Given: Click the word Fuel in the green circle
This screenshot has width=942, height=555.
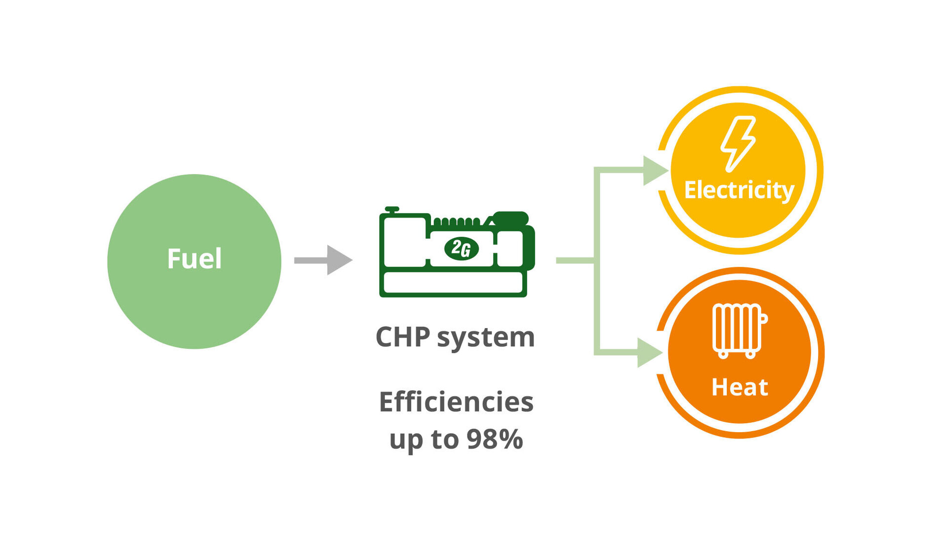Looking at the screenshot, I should pyautogui.click(x=194, y=259).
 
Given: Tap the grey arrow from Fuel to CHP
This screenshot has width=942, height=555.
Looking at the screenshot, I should pyautogui.click(x=323, y=260).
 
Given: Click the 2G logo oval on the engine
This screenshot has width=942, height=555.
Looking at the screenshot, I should pyautogui.click(x=461, y=249).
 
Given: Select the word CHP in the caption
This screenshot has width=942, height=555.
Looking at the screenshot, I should pyautogui.click(x=402, y=337).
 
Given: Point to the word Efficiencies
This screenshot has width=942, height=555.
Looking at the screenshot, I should pyautogui.click(x=456, y=402).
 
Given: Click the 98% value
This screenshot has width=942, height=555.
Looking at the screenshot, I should pyautogui.click(x=495, y=439).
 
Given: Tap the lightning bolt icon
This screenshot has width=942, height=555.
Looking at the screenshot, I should pyautogui.click(x=738, y=144).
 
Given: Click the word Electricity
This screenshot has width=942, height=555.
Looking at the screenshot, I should pyautogui.click(x=739, y=190).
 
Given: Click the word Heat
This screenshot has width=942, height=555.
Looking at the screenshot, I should pyautogui.click(x=739, y=387).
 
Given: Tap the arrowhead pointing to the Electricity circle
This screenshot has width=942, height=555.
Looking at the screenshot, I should pyautogui.click(x=655, y=171).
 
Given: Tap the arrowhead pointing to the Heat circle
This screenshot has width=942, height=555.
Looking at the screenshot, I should pyautogui.click(x=649, y=353).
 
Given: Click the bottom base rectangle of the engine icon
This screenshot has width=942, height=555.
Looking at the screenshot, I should pyautogui.click(x=453, y=283).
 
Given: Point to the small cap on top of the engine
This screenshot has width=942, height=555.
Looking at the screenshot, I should pyautogui.click(x=392, y=209).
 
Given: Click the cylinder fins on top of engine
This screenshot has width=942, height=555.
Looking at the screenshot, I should pyautogui.click(x=456, y=222).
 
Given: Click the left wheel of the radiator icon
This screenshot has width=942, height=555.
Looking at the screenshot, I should pyautogui.click(x=723, y=354).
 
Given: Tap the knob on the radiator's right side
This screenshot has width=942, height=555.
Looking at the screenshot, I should pyautogui.click(x=764, y=318).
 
